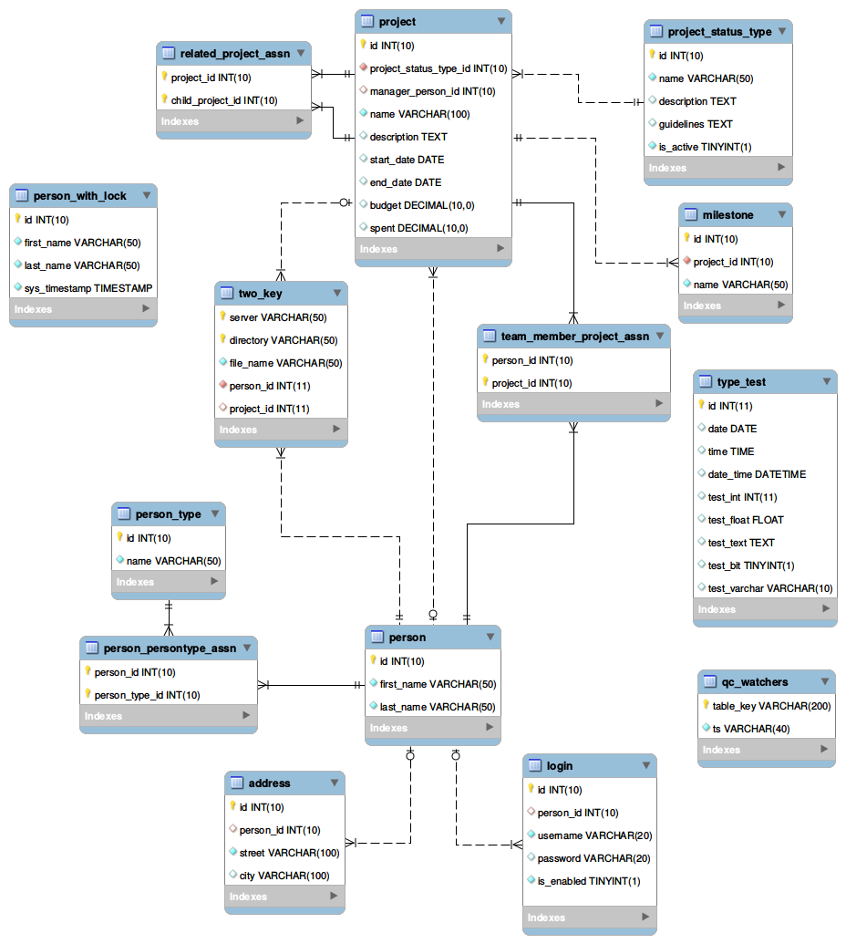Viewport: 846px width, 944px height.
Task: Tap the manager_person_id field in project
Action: point(432,91)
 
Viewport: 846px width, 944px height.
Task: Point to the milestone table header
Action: point(727,215)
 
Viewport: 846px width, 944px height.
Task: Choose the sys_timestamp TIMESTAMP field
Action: point(88,288)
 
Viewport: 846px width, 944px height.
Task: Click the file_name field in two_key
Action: point(285,363)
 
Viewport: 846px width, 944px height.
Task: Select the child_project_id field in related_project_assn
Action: point(224,100)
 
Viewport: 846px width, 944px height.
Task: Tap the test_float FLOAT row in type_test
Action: point(745,520)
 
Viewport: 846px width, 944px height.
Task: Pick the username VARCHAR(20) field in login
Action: point(593,835)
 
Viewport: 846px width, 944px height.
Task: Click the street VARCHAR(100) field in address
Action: point(289,853)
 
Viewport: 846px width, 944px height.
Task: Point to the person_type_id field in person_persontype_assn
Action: point(147,695)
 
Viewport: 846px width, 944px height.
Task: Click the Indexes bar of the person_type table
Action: point(168,582)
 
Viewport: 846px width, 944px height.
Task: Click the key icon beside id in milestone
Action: point(687,239)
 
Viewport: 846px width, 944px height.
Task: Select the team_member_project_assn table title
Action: point(574,337)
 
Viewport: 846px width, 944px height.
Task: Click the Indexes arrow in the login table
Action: point(645,918)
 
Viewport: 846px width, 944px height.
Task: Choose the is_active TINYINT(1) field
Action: point(705,147)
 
